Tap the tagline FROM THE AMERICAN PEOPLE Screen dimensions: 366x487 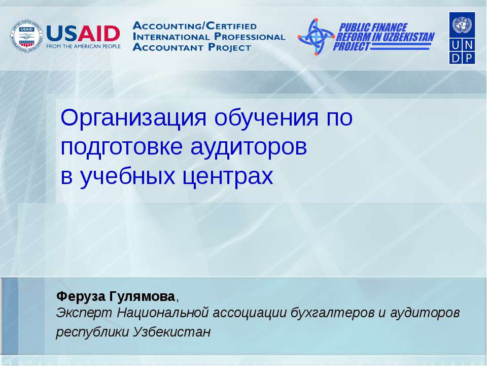point(83,46)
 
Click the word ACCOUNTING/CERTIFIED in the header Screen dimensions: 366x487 point(194,25)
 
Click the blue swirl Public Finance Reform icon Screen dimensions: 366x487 point(316,37)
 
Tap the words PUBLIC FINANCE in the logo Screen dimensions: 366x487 point(373,27)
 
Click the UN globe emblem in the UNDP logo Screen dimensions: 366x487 point(462,24)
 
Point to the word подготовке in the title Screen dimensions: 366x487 point(122,147)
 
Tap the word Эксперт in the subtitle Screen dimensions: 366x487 point(85,312)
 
